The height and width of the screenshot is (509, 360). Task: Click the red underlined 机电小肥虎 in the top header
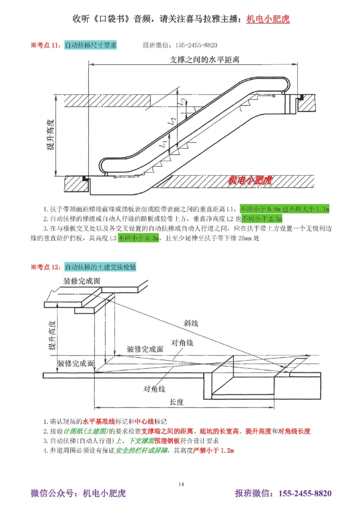tap(268, 19)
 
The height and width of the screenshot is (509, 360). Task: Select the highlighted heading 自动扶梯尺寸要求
tap(90, 45)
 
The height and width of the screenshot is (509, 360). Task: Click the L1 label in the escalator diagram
tap(163, 145)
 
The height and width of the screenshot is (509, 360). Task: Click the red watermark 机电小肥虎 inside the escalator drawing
tap(250, 180)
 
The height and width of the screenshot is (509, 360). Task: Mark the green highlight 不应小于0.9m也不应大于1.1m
tap(284, 209)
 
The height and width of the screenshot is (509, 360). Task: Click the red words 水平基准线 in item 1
tap(98, 422)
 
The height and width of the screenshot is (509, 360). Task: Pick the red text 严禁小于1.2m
tap(214, 450)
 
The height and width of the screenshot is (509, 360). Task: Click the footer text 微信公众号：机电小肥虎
tap(78, 494)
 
